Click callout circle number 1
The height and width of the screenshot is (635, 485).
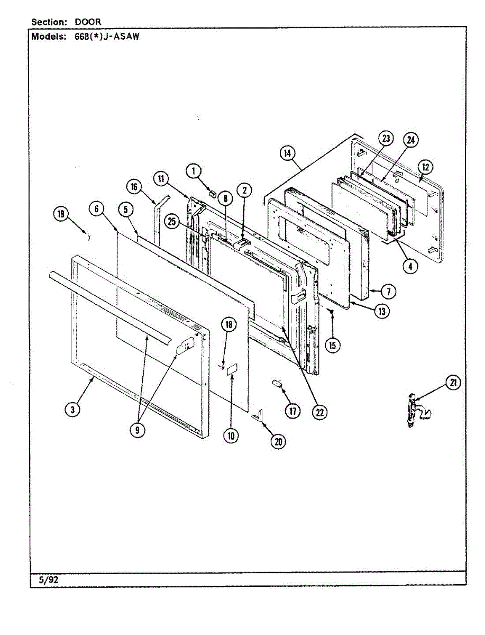(x=194, y=170)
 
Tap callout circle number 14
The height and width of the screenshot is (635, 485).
(x=287, y=153)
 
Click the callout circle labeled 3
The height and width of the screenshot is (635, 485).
(x=73, y=409)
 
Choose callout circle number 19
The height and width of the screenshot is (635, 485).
(x=61, y=214)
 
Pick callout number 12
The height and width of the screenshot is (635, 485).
(x=425, y=167)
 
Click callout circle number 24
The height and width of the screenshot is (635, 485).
(x=410, y=140)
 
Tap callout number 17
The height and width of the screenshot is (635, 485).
(x=290, y=411)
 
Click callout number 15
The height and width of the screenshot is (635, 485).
(x=333, y=346)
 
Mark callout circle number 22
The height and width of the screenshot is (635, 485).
(x=319, y=411)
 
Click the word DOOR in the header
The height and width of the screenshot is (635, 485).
(x=88, y=22)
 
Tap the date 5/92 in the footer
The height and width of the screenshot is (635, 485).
(x=48, y=580)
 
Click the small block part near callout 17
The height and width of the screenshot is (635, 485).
(x=277, y=383)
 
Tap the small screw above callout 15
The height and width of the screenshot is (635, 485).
(x=331, y=312)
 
